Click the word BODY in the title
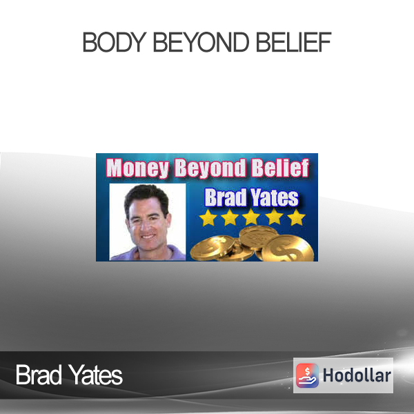(x=115, y=41)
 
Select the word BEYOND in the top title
(x=201, y=41)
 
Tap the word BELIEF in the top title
(x=294, y=41)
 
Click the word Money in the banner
(x=137, y=168)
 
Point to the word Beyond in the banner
(x=210, y=168)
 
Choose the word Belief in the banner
(x=280, y=168)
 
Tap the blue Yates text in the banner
(x=275, y=197)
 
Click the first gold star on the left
(x=208, y=218)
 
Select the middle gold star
(x=251, y=217)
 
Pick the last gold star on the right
(x=296, y=217)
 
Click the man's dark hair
(x=146, y=195)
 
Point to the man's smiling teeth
(x=148, y=237)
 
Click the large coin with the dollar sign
(x=288, y=248)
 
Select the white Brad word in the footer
(x=39, y=375)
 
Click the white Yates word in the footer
(x=96, y=375)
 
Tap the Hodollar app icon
(x=307, y=375)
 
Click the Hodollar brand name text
(x=357, y=375)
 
